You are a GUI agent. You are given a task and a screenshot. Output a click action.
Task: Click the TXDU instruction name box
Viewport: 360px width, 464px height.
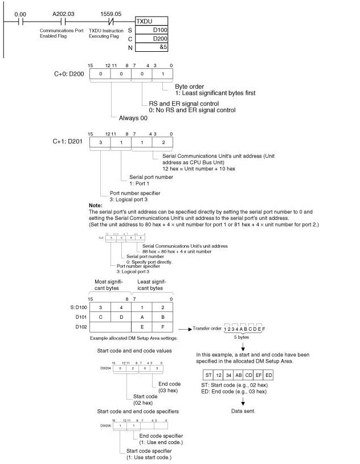pyautogui.click(x=151, y=21)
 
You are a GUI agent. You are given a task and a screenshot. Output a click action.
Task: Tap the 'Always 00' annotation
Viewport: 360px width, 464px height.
pyautogui.click(x=133, y=118)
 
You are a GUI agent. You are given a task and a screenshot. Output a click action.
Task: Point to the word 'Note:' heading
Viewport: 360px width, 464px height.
pyautogui.click(x=95, y=205)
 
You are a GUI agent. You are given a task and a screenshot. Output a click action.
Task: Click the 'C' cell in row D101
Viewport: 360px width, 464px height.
pyautogui.click(x=100, y=317)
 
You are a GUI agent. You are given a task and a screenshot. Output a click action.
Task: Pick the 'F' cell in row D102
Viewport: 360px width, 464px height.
pyautogui.click(x=163, y=327)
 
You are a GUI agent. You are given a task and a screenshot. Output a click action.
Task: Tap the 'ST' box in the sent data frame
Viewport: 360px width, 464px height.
pyautogui.click(x=208, y=375)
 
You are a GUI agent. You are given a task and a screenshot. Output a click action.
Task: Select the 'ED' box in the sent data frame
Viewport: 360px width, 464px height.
pyautogui.click(x=268, y=375)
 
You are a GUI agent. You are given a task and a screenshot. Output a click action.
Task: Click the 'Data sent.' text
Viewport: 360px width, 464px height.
pyautogui.click(x=244, y=410)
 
